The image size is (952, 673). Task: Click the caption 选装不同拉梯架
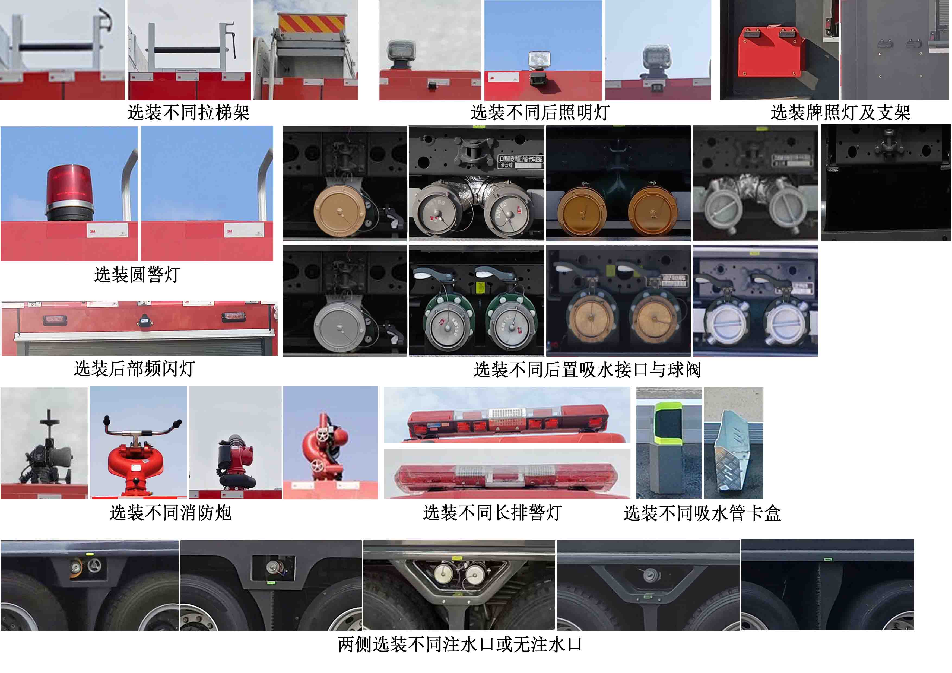tap(188, 112)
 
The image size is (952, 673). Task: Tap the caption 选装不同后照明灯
tap(540, 112)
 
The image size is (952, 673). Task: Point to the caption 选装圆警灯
tap(137, 275)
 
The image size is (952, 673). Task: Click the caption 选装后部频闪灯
tap(134, 369)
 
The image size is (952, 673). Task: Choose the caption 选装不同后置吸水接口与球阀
tap(587, 369)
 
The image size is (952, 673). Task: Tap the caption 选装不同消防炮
tap(170, 513)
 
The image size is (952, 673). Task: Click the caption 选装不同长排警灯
tap(492, 513)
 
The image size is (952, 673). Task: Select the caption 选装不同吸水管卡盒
tap(702, 513)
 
